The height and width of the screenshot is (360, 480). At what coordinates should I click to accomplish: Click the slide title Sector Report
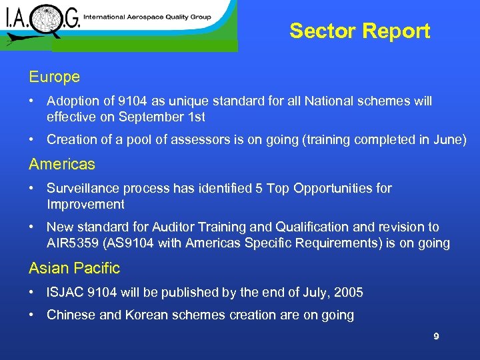pyautogui.click(x=360, y=31)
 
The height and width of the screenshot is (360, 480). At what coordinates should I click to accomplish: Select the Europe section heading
pyautogui.click(x=54, y=77)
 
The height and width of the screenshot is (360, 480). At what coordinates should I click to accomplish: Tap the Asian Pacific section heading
pyautogui.click(x=74, y=269)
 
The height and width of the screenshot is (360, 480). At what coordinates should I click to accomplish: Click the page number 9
pyautogui.click(x=436, y=337)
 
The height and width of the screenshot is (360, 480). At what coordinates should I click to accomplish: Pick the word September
pyautogui.click(x=145, y=117)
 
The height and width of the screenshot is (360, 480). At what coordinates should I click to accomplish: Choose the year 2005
pyautogui.click(x=348, y=293)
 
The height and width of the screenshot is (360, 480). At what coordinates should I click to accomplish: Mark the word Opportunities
pyautogui.click(x=325, y=189)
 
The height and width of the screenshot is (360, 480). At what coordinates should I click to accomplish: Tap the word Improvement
pyautogui.click(x=85, y=204)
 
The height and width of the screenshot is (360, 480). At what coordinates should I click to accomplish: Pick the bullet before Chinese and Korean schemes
pyautogui.click(x=32, y=315)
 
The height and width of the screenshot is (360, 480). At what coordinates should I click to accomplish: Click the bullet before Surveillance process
pyautogui.click(x=32, y=189)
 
